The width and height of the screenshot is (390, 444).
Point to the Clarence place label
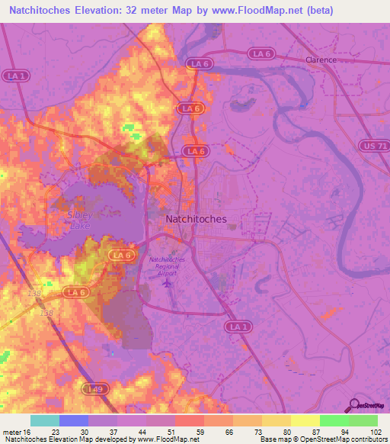321,60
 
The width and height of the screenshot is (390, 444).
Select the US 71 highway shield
373,145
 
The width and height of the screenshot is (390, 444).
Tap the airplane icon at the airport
168,283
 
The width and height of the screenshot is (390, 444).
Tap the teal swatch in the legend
45,420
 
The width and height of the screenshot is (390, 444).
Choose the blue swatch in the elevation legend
74,420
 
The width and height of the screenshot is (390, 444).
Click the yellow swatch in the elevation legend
305,420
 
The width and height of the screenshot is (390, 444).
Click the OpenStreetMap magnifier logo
354,405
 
